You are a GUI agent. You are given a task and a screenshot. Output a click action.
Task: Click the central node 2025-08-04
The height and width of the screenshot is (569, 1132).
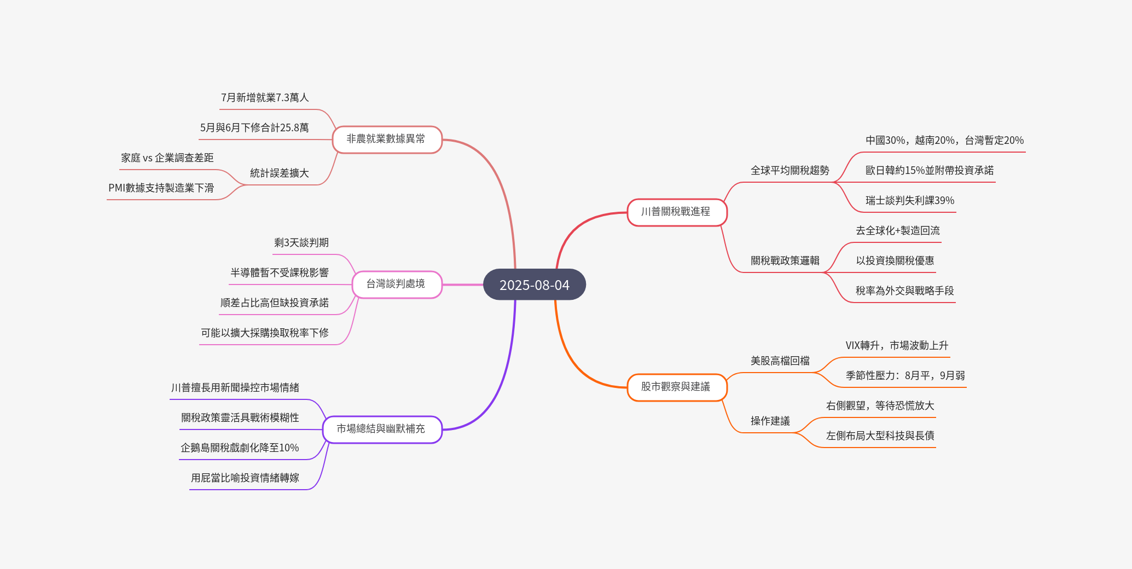(534, 284)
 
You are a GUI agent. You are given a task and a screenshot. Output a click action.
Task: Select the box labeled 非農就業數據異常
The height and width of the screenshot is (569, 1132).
(386, 139)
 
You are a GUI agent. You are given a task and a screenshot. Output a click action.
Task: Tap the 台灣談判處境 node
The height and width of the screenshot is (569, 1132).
(396, 284)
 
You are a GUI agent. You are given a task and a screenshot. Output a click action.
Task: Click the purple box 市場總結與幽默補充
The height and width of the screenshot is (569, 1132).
(381, 429)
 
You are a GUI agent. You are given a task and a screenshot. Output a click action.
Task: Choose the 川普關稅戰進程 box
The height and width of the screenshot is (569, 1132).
(676, 212)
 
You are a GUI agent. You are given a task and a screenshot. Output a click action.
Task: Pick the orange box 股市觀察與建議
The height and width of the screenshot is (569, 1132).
(676, 387)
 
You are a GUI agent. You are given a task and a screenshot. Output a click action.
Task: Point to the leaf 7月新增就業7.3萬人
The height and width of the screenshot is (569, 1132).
(265, 98)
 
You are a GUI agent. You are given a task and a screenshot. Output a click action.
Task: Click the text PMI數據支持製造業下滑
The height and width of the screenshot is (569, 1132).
(161, 188)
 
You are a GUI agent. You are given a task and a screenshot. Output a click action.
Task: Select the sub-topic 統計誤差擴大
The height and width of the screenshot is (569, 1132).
(280, 173)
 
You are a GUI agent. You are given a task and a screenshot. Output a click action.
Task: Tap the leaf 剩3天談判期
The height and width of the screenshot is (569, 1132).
(301, 243)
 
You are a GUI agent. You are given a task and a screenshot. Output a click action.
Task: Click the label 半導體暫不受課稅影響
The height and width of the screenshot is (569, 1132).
(280, 273)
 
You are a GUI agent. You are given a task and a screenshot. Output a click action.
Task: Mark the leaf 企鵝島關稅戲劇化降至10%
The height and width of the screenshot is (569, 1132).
(240, 448)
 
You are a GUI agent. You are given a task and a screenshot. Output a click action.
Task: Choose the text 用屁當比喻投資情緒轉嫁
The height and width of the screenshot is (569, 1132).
(245, 478)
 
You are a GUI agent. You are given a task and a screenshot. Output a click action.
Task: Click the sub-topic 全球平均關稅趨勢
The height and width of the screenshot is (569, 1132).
(790, 171)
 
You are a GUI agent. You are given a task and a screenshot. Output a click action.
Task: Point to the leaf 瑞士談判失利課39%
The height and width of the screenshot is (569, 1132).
(909, 201)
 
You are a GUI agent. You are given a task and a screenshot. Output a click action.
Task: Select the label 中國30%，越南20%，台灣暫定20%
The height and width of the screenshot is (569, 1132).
(944, 141)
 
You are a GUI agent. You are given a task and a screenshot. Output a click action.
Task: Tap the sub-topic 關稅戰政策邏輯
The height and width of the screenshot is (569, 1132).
(785, 261)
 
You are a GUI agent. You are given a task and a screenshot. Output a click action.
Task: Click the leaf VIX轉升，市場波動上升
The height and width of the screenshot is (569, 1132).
(897, 346)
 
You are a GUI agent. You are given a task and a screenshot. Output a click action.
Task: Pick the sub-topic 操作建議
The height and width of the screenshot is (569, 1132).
(770, 421)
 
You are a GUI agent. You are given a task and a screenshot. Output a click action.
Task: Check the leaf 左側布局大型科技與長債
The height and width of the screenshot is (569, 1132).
(880, 436)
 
